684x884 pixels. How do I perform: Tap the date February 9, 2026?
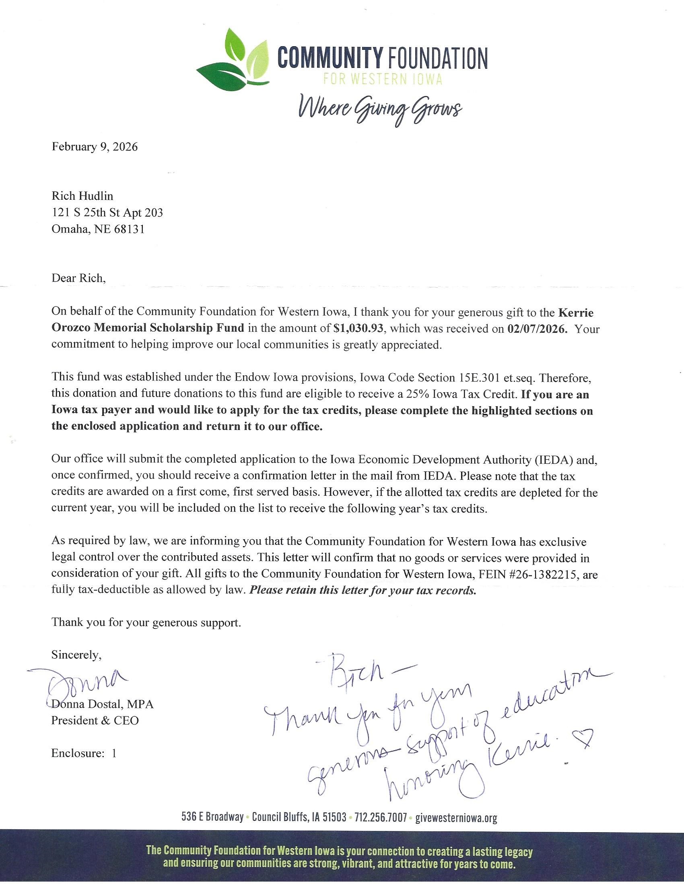tap(95, 147)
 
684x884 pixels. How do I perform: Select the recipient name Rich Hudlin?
tap(82, 196)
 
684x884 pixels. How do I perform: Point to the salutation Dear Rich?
tap(78, 278)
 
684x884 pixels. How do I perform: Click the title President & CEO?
tap(95, 720)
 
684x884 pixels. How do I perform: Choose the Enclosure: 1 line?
tap(84, 753)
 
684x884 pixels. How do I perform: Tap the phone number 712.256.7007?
tap(381, 818)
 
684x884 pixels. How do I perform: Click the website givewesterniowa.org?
tap(456, 818)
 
